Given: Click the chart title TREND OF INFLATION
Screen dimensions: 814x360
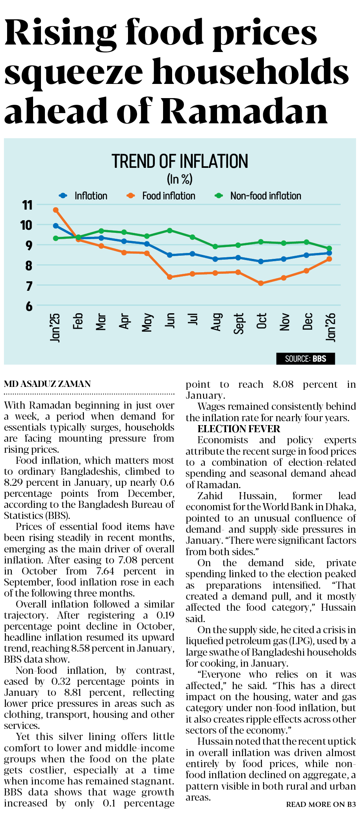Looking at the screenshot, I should pyautogui.click(x=180, y=162).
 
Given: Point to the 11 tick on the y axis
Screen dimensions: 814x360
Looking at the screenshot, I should pyautogui.click(x=27, y=205).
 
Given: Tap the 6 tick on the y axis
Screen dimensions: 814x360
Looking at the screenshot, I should pyautogui.click(x=29, y=306).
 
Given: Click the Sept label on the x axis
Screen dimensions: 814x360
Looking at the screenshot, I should pyautogui.click(x=239, y=323).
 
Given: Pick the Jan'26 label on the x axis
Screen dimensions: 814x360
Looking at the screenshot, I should pyautogui.click(x=331, y=327).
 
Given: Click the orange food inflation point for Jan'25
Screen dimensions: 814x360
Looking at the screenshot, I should pyautogui.click(x=56, y=210).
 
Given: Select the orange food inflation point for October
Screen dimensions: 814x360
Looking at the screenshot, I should pyautogui.click(x=261, y=283).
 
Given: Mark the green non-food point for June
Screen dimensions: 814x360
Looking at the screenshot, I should pyautogui.click(x=170, y=230).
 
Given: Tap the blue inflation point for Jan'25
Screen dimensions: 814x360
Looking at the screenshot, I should pyautogui.click(x=56, y=226).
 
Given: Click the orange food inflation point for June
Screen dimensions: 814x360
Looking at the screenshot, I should pyautogui.click(x=170, y=277).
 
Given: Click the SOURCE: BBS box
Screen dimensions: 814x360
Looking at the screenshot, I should pyautogui.click(x=306, y=359).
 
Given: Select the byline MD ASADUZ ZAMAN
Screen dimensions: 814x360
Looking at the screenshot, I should pyautogui.click(x=47, y=384).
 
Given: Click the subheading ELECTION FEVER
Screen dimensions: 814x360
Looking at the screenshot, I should pyautogui.click(x=239, y=429).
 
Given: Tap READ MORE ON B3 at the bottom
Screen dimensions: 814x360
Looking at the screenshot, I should pyautogui.click(x=321, y=804).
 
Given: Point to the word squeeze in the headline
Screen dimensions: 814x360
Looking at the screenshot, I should pyautogui.click(x=73, y=72).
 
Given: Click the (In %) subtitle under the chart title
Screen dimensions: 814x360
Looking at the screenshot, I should pyautogui.click(x=180, y=179).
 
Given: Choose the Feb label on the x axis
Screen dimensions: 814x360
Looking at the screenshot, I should pyautogui.click(x=78, y=321).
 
